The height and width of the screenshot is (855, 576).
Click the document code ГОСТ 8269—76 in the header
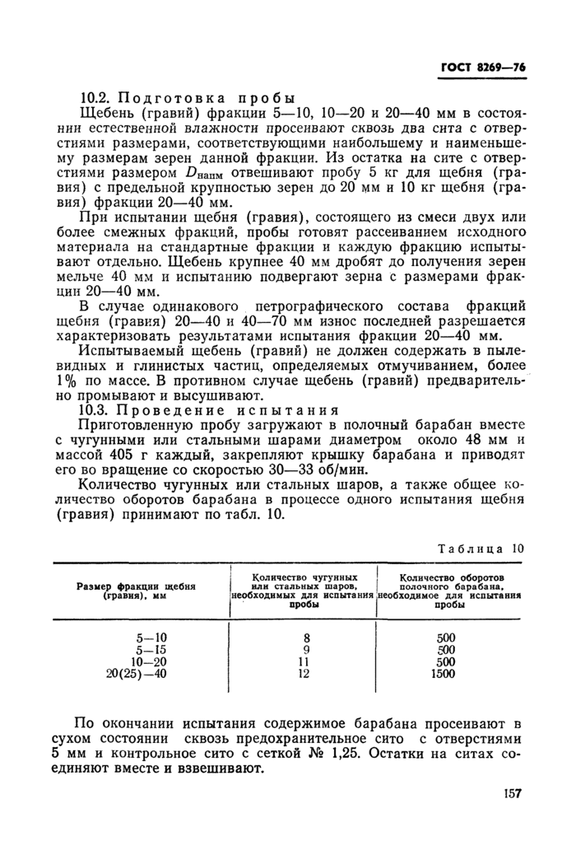point(481,68)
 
